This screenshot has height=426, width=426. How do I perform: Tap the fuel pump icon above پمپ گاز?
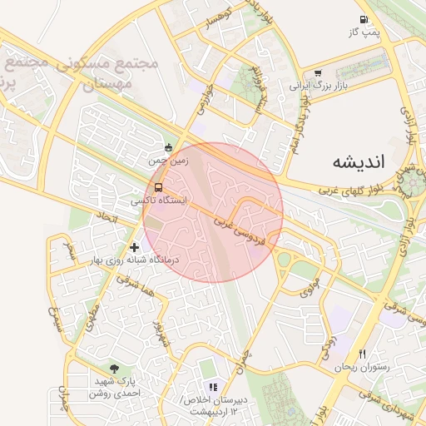(x=364, y=20)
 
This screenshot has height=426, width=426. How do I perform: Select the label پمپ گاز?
(x=364, y=32)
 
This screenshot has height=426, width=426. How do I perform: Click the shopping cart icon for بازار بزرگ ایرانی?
(x=319, y=73)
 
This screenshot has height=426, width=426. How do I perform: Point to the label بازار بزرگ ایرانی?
(x=316, y=85)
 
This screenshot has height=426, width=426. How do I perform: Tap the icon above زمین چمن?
(x=169, y=148)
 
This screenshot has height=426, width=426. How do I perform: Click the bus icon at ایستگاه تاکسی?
(x=159, y=187)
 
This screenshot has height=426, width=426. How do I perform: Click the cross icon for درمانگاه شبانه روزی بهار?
(x=135, y=247)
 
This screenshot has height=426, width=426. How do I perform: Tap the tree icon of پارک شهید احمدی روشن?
(x=113, y=369)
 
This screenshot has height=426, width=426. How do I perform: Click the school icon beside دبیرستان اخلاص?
(x=213, y=387)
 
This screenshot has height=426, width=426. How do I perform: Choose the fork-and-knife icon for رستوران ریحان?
(x=361, y=354)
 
